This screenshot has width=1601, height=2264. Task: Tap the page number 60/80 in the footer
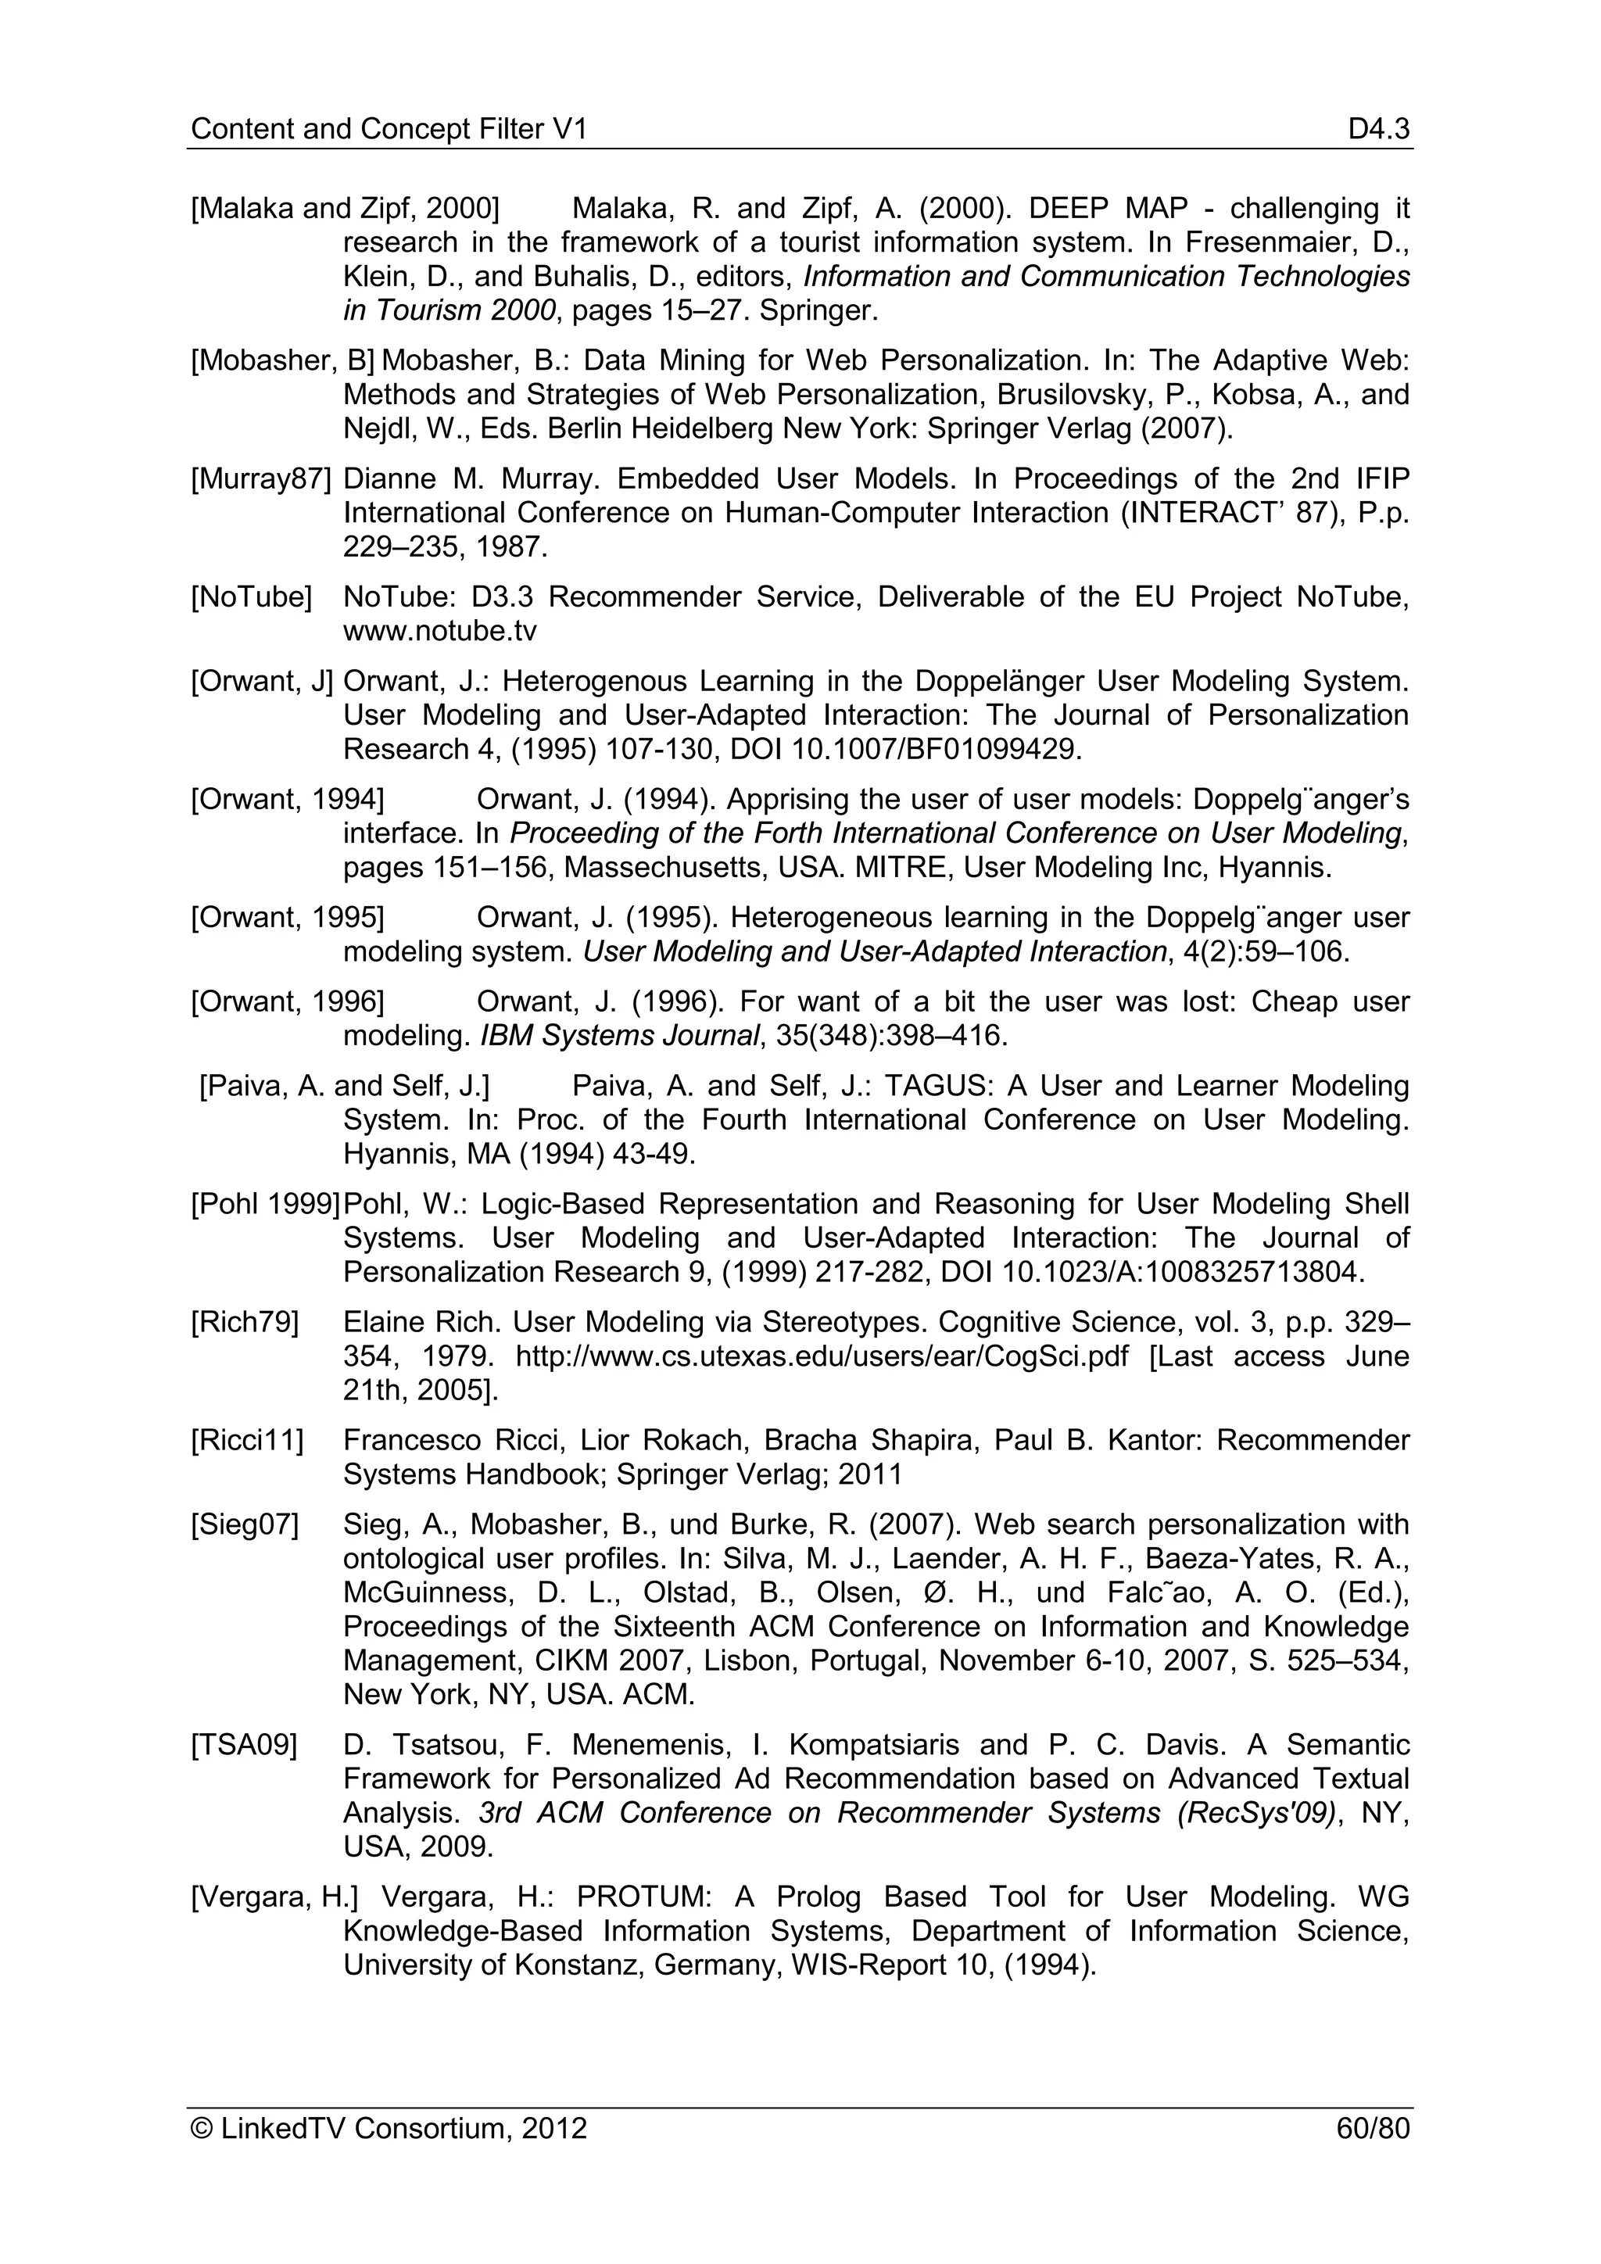[x=1372, y=2129]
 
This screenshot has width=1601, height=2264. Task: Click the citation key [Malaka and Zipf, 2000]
[x=345, y=209]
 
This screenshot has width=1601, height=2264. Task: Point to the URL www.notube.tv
[x=439, y=631]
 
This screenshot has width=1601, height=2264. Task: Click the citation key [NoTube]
[x=252, y=597]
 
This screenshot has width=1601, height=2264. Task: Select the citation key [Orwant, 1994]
[x=288, y=800]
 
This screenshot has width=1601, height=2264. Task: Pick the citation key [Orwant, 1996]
[x=288, y=1002]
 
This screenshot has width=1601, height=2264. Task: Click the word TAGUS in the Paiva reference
[x=937, y=1087]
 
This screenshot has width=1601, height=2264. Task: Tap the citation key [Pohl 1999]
[x=264, y=1205]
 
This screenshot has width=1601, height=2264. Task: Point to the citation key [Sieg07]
[x=245, y=1525]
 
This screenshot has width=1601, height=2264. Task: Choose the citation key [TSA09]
[x=243, y=1746]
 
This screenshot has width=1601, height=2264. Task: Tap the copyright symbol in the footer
[x=202, y=2129]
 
